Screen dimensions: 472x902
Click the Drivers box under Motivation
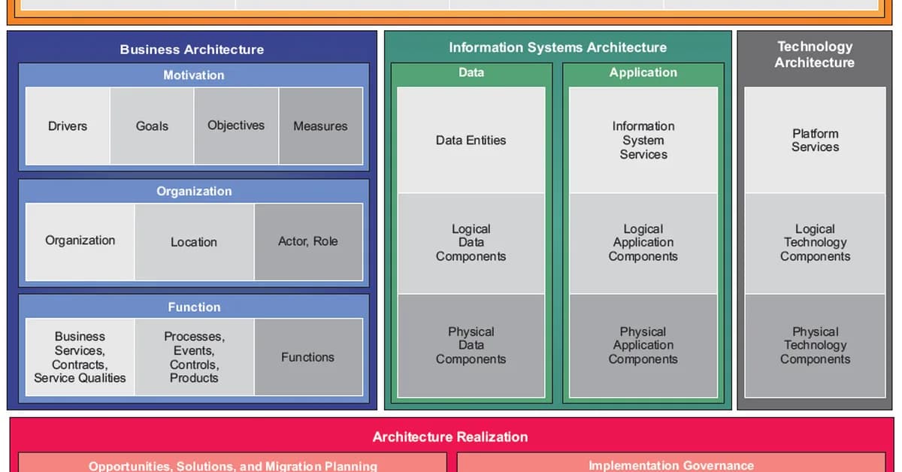[68, 126]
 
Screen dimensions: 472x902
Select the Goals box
[152, 126]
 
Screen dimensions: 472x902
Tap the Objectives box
[236, 126]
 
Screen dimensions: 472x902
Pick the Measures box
[320, 126]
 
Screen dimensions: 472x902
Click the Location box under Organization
[194, 242]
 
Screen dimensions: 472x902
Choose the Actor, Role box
[308, 241]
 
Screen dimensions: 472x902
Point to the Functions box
[308, 357]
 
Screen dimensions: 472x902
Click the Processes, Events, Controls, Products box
[194, 357]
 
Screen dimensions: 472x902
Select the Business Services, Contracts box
[80, 357]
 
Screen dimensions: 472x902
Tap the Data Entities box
[471, 140]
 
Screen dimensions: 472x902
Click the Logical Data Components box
[471, 243]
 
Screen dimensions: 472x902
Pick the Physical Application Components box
[643, 345]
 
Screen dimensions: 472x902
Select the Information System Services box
[643, 140]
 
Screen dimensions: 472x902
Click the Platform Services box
[815, 140]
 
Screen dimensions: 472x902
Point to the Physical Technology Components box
[815, 345]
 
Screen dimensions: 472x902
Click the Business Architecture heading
[192, 50]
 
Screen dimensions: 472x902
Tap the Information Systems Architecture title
[558, 47]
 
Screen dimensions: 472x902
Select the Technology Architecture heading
[815, 55]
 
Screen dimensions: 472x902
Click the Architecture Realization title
[450, 437]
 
